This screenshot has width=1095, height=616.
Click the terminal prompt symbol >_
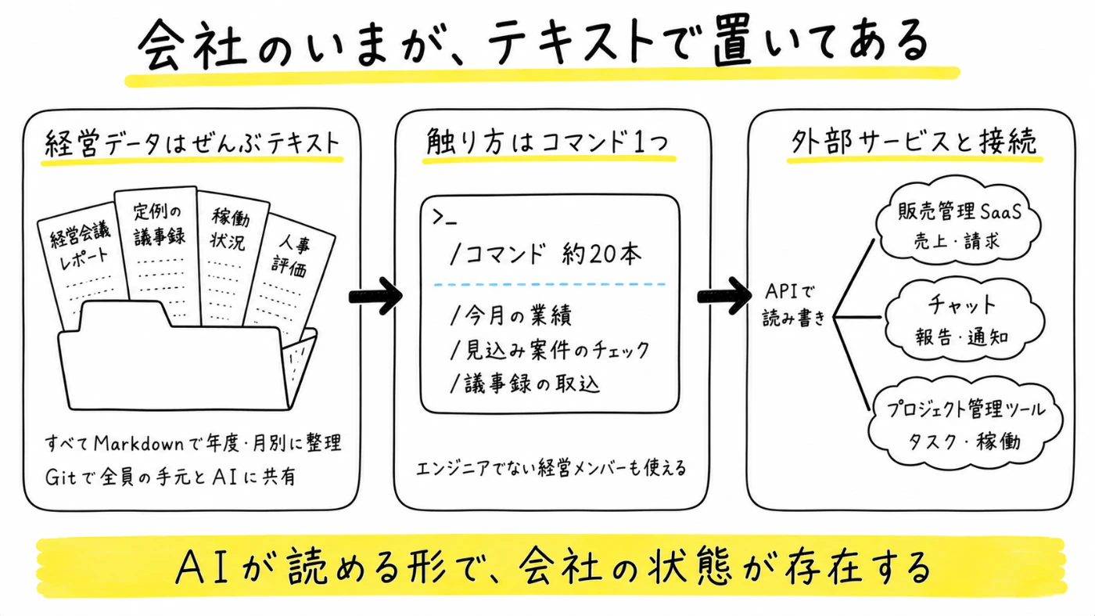pos(444,218)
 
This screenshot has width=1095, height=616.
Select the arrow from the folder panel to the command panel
pos(375,296)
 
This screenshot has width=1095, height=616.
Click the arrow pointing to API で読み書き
pos(724,296)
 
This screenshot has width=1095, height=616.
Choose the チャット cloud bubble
pos(963,319)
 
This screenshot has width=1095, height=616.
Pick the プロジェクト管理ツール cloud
pos(965,423)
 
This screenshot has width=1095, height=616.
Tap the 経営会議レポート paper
pos(82,265)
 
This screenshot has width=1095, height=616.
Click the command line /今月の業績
pos(511,315)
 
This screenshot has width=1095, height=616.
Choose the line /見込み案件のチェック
pos(549,350)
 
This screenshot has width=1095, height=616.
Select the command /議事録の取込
pos(525,384)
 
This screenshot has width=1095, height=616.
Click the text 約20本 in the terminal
pos(601,254)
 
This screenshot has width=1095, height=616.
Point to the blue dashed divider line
pos(549,284)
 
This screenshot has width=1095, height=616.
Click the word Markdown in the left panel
pos(138,444)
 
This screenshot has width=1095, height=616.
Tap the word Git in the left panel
pos(61,477)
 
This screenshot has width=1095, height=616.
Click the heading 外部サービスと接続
pos(914,142)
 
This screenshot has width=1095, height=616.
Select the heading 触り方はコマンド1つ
pos(547,142)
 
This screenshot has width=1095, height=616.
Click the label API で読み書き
pos(793,304)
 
